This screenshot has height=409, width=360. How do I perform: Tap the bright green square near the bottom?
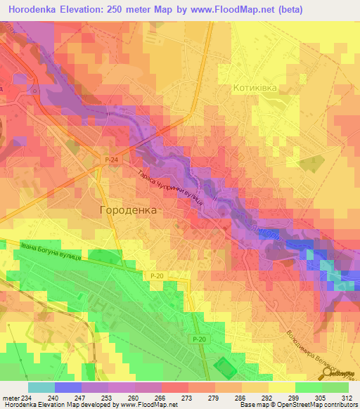[224, 367]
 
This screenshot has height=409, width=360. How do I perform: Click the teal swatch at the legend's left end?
[41, 387]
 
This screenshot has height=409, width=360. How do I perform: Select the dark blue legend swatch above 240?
[68, 387]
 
